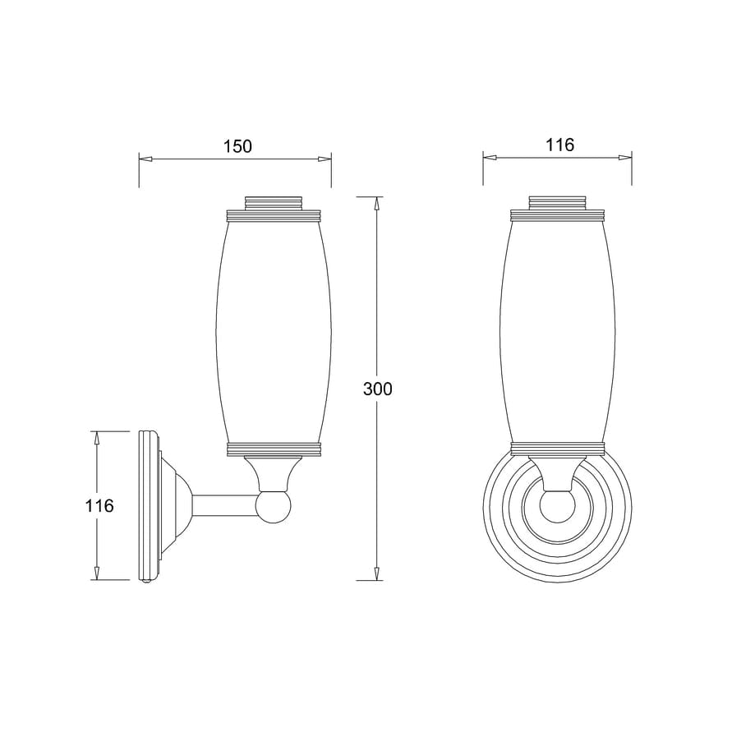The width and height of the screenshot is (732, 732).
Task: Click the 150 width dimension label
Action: (237, 146)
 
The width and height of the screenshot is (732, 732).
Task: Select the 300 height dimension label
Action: (377, 389)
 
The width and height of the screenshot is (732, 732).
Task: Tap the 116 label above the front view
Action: (559, 145)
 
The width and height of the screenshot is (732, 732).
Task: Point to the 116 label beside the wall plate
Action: (99, 505)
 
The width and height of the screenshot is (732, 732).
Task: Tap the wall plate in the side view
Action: (149, 505)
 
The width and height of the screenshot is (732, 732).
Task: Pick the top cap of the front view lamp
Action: (559, 202)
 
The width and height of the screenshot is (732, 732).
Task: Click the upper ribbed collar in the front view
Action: (559, 217)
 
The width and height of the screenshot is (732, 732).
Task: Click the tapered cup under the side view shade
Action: (272, 472)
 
